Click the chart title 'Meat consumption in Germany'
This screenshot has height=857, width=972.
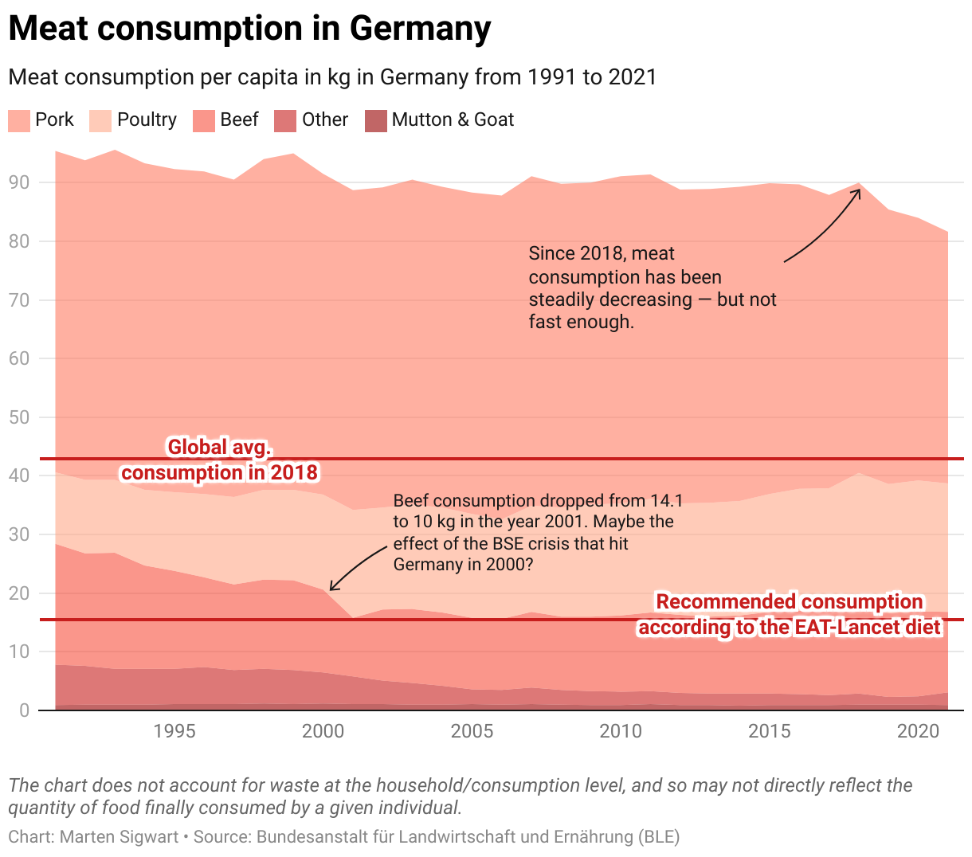coord(249,29)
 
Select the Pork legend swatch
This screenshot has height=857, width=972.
coord(19,120)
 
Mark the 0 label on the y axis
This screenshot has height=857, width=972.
coord(24,710)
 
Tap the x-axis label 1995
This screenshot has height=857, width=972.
coord(174,731)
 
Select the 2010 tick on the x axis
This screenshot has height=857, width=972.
coord(621,731)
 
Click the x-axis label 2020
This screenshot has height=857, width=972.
coord(919,731)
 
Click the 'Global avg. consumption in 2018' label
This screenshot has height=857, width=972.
coord(219,460)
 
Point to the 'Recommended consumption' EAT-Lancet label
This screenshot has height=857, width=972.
coord(789,614)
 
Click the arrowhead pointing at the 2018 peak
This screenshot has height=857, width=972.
coord(856,191)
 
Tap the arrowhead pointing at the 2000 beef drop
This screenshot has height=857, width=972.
coord(333,588)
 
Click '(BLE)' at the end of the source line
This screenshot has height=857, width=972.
coord(658,837)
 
